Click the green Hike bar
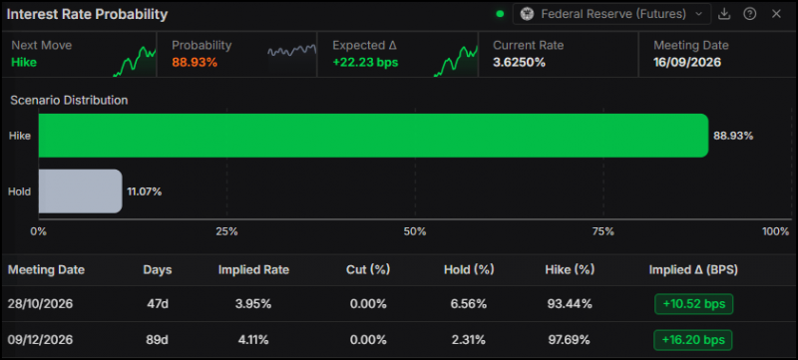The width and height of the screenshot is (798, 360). coord(373,136)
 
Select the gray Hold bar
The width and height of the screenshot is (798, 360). coord(81,191)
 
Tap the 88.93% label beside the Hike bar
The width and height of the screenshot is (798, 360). coord(733,136)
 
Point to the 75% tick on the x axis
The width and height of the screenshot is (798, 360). coord(603,232)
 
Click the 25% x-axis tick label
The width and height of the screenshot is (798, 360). coord(226,232)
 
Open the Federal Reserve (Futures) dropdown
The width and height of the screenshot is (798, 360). coord(611,14)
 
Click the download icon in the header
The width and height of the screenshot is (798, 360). coord(724,14)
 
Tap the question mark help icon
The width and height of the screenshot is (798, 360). coord(750,14)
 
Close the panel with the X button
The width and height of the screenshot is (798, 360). coord(776,14)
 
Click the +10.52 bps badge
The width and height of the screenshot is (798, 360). coord(693,304)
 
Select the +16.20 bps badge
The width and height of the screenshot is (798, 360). coord(693,340)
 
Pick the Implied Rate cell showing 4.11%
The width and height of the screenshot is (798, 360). coord(253,340)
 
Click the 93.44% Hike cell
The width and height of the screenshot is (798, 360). coord(570,304)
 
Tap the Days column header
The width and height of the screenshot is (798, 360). coord(158,270)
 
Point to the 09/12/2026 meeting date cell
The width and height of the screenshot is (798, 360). coord(40,340)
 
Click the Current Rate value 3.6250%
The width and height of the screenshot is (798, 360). coord(519,63)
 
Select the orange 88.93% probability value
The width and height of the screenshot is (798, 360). coord(195,63)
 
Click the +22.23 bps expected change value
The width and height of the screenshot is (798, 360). coord(365,63)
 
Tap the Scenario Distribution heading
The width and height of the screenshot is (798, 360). coord(69,100)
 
